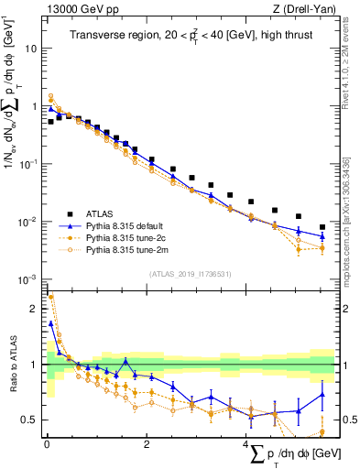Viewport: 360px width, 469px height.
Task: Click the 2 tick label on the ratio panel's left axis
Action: point(35,309)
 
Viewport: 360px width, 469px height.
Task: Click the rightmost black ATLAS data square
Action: point(322,227)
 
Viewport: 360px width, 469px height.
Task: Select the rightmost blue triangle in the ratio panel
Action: point(322,396)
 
